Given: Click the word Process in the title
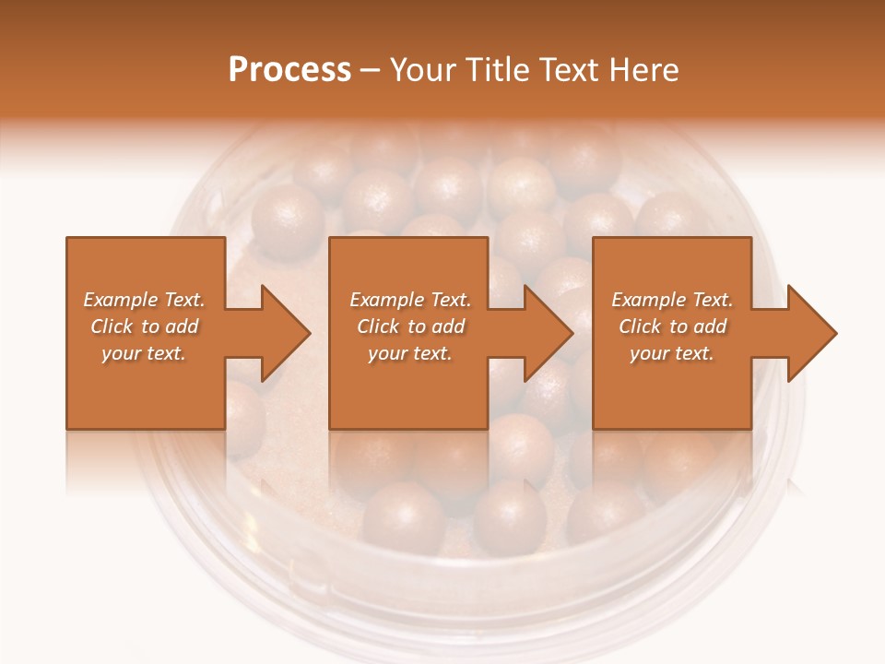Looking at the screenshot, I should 289,70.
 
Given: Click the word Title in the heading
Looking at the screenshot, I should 490,70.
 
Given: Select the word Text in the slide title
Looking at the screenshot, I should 567,70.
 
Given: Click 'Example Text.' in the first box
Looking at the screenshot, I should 144,300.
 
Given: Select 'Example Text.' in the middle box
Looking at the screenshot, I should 409,300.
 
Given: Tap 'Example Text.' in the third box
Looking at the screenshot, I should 672,300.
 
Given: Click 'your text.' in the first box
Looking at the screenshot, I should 144,353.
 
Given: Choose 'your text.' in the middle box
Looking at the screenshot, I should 409,353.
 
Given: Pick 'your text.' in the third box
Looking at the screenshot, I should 672,353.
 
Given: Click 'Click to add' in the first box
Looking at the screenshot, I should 144,326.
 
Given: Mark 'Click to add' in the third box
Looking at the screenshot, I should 672,326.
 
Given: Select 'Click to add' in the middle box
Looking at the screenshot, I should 409,326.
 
